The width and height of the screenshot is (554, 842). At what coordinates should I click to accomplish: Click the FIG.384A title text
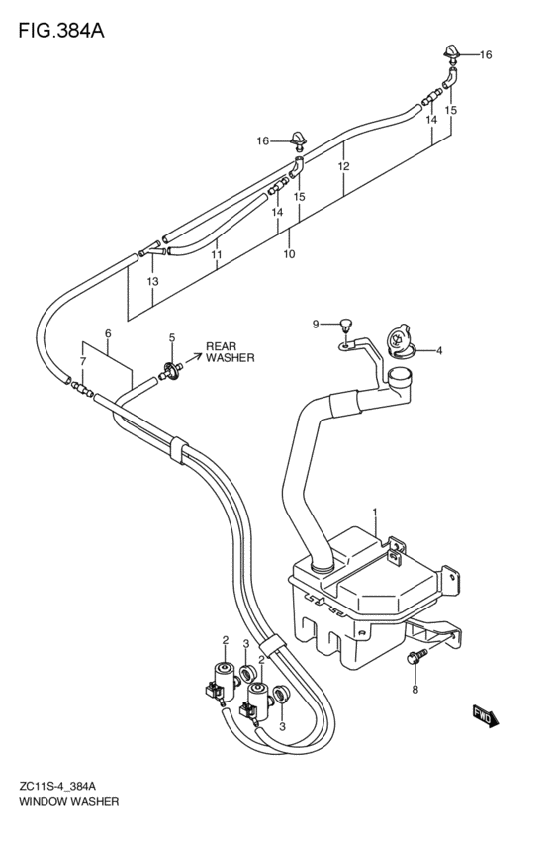point(61,31)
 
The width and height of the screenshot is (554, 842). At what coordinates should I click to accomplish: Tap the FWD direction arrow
point(486,716)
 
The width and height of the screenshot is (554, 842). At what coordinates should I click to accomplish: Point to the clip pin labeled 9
point(347,324)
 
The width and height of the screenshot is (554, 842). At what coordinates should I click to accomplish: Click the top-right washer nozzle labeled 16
point(450,53)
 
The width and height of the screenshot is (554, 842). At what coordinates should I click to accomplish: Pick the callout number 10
point(289,253)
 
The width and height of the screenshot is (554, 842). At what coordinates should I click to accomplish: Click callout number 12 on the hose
point(343,166)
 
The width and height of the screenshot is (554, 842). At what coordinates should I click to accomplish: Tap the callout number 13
point(153,281)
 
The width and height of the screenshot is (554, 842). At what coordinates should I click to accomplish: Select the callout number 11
point(217,254)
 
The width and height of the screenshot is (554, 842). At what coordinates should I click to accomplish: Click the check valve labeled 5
point(172,369)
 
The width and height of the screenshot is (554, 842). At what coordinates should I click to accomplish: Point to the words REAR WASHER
point(231,352)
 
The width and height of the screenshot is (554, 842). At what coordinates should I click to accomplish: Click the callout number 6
point(108,333)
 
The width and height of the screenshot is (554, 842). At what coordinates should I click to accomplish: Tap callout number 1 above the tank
point(375,513)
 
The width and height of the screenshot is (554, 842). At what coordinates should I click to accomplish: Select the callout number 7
point(83,362)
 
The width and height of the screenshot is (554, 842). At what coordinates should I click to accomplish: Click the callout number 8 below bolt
point(415,690)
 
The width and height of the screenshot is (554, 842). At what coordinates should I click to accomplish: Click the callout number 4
point(439,351)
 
